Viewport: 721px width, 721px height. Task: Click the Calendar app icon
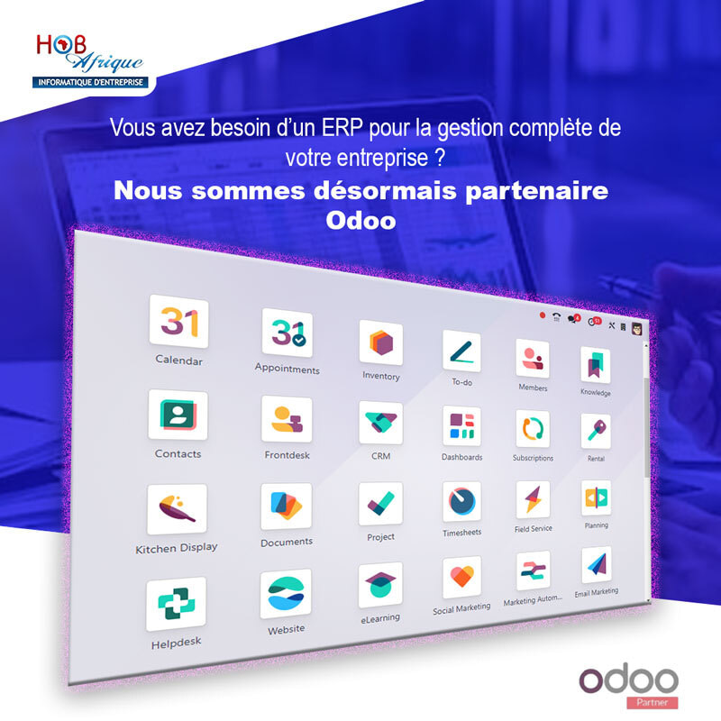[x=178, y=322]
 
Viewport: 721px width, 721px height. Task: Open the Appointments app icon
[x=287, y=333]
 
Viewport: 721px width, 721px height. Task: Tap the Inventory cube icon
[x=380, y=342]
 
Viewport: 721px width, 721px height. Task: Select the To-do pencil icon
[x=461, y=351]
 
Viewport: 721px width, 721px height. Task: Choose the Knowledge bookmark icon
[x=596, y=365]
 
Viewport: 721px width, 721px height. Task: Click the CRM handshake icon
[x=380, y=423]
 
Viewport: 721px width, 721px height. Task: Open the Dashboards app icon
[x=461, y=425]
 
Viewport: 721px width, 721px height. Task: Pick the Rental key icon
[x=596, y=432]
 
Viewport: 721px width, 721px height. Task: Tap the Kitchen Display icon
[x=177, y=509]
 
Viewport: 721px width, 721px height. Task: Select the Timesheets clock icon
[x=461, y=501]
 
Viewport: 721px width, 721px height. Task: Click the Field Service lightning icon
[x=533, y=499]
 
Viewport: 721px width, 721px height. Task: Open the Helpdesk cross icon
[x=176, y=604]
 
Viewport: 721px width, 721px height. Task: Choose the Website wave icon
[x=286, y=594]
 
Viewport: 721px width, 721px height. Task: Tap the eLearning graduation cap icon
[x=380, y=584]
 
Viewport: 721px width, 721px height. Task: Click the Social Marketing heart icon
[x=461, y=577]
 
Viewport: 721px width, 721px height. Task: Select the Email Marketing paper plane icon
[x=597, y=565]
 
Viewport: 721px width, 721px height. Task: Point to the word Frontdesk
[x=287, y=455]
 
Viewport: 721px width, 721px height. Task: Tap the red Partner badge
[x=652, y=702]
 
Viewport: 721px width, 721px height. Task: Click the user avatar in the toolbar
[x=637, y=329]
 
